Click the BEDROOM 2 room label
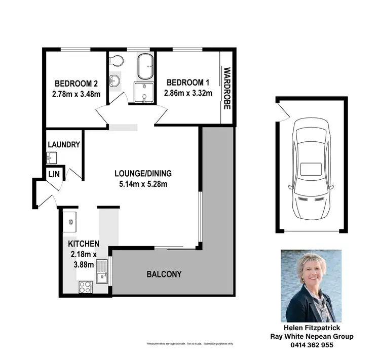76,84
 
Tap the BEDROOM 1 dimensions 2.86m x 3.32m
187,93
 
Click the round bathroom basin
115,80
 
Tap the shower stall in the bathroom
144,92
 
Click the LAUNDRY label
64,145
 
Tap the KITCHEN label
84,244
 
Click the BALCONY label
164,274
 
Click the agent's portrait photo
311,286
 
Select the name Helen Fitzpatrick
311,328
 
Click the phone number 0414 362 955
311,345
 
